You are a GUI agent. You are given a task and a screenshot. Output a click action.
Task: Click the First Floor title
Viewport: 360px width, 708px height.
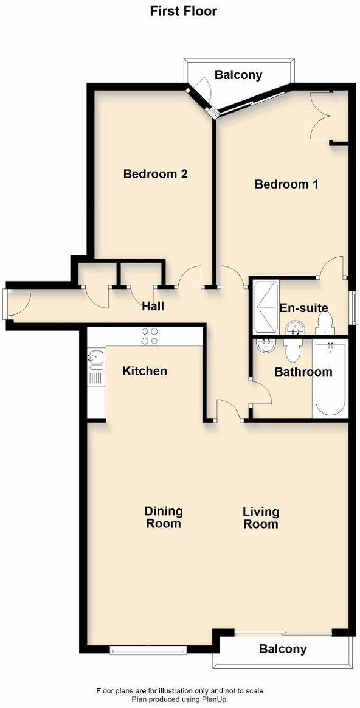pos(183,11)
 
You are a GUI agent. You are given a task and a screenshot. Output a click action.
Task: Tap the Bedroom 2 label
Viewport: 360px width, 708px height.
pos(155,174)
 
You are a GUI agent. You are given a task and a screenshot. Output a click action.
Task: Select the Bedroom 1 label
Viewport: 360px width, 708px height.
pos(286,184)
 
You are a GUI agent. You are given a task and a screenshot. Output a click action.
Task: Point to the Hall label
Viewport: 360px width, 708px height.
pos(153,306)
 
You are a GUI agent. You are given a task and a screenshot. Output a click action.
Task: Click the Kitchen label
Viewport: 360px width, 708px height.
pos(145,370)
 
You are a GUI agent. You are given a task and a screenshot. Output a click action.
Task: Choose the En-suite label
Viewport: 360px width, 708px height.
pos(304,308)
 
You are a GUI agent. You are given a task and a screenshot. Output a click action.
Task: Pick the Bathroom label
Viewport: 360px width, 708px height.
pos(303,372)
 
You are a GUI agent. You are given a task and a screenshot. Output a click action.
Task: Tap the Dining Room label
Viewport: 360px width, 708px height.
pos(164,517)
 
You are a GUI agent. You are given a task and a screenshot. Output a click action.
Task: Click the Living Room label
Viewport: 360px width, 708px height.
pos(261,517)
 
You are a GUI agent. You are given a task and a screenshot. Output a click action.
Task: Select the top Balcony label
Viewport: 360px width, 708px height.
pos(238,75)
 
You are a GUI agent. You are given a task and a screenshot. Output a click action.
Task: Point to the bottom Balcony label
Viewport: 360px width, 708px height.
pos(283,649)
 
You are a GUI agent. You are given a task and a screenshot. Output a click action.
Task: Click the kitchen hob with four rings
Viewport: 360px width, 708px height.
pos(150,336)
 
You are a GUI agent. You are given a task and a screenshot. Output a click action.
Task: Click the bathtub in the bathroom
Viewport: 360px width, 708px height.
pos(331,381)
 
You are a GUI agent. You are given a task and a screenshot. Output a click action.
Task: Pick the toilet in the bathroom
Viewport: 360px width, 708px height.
pos(292,351)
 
